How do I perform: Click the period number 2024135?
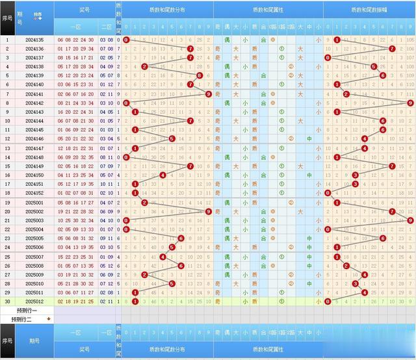34,40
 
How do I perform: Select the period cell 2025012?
34,302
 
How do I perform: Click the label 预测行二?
25,319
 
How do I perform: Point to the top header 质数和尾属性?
267,10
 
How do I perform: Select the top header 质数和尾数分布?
167,10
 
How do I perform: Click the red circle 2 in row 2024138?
144,66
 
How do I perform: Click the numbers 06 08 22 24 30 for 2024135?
75,40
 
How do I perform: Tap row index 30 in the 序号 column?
6,302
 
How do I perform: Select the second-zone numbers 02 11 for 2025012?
107,302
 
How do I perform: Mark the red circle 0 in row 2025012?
328,302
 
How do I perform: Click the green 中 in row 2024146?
309,138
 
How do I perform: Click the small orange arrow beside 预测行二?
48,319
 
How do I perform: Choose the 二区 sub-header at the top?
107,27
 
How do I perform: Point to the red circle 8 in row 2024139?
200,75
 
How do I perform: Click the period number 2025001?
34,202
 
